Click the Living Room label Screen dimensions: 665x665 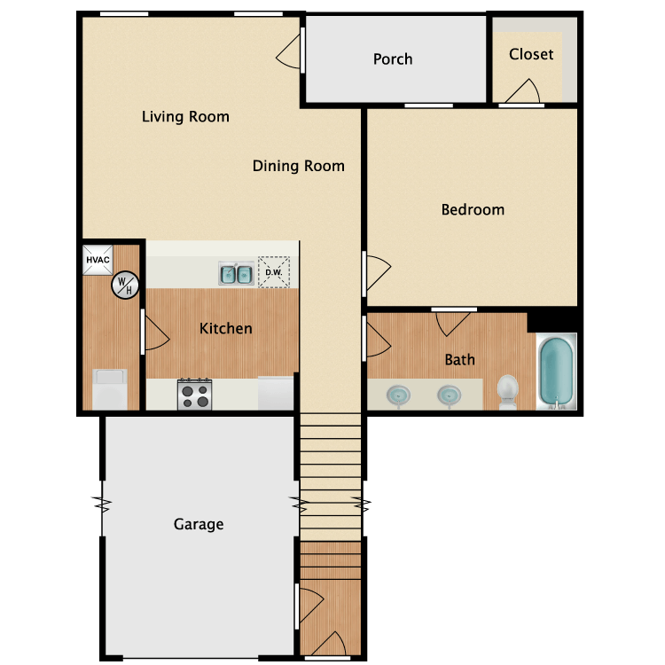pos(185,117)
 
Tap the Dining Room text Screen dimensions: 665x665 pos(299,166)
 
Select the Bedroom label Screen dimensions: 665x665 pos(473,209)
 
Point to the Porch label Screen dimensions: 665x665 pos(393,59)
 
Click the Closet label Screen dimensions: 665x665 pos(531,54)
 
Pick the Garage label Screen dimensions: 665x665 pos(199,525)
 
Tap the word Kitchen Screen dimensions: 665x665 pos(225,328)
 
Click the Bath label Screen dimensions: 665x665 pos(459,360)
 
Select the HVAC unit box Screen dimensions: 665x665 pos(98,260)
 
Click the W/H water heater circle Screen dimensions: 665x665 pos(125,285)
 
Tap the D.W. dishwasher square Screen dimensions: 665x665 pos(274,272)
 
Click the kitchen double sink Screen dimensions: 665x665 pos(236,274)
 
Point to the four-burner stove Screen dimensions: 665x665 pos(195,395)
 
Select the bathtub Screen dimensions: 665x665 pos(557,372)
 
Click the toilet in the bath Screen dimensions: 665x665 pos(508,392)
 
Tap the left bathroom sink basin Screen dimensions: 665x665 pos(398,395)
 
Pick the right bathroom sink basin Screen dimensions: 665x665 pos(450,395)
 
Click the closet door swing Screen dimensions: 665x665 pos(522,90)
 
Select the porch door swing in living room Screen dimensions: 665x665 pos(288,51)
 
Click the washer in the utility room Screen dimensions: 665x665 pos(110,389)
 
